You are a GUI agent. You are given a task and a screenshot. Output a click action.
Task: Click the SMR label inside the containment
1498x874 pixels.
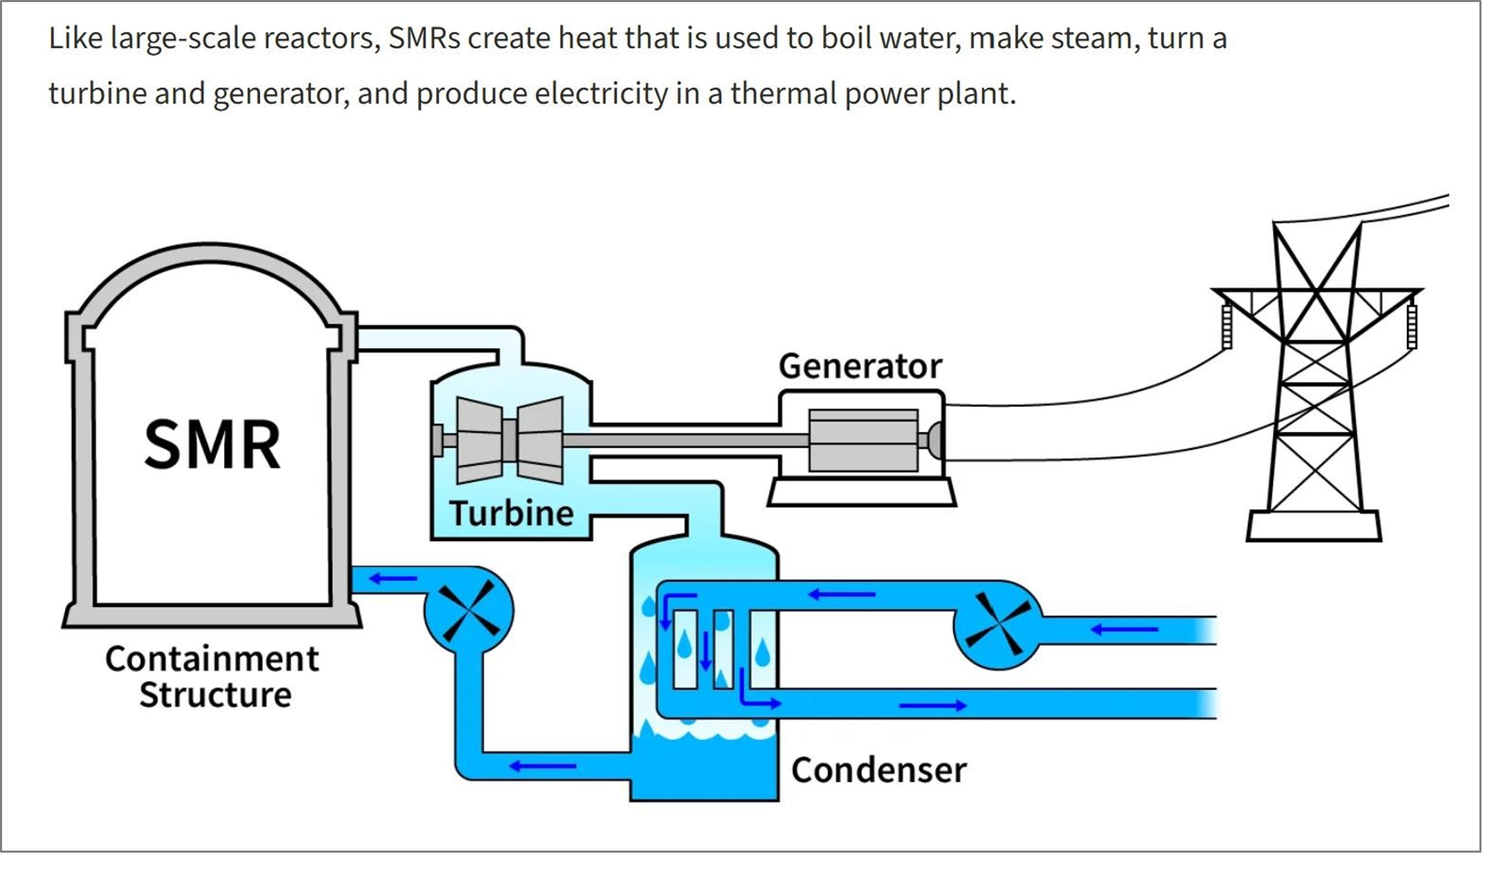coord(212,444)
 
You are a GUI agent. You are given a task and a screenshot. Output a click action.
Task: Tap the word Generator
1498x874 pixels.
coord(860,366)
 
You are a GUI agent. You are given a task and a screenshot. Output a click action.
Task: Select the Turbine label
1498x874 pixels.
coord(511,513)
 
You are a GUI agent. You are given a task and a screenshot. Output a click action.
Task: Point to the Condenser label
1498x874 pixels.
coord(879,769)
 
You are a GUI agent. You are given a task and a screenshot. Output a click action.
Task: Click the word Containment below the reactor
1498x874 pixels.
coord(212,658)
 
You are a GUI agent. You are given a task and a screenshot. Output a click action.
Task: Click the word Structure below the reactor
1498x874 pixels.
coord(215,694)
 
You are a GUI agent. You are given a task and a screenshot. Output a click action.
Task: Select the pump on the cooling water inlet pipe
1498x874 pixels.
coord(997,626)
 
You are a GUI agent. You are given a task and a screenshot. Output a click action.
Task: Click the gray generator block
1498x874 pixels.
coord(863,440)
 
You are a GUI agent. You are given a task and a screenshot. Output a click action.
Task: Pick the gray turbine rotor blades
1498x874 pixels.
coord(510,440)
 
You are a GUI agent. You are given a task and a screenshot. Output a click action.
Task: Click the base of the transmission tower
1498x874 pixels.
coord(1314,526)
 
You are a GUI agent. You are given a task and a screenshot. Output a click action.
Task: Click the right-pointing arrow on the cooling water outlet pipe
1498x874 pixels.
coord(933,705)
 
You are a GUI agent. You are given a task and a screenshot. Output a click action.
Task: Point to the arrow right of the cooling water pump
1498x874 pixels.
coord(1124,629)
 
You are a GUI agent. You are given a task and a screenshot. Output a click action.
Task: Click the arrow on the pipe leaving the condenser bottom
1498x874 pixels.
coord(542,766)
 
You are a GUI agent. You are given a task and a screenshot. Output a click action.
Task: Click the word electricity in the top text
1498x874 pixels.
coord(601,94)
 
